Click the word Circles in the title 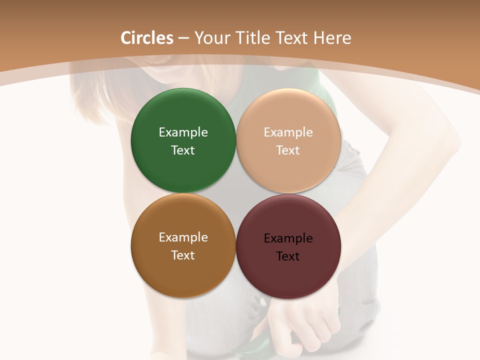[x=147, y=38]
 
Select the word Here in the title [x=332, y=38]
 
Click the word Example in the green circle [x=183, y=132]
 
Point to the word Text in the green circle [x=183, y=150]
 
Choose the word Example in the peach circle [x=288, y=132]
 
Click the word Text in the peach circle [x=288, y=150]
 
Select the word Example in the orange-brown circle [x=183, y=237]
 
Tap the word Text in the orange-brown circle [x=183, y=255]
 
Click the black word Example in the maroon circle [x=288, y=238]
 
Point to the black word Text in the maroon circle [x=288, y=256]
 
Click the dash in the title [x=183, y=38]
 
